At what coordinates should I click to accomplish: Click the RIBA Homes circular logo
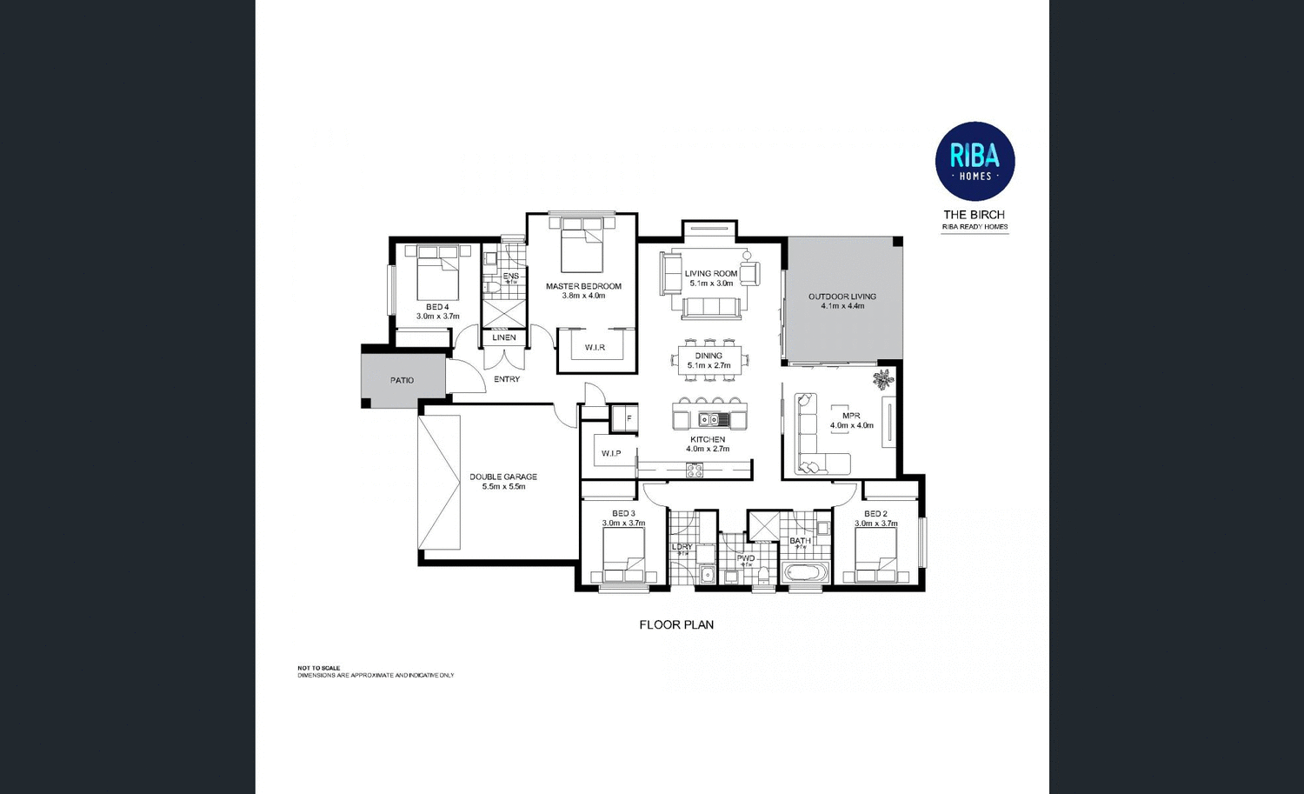(x=975, y=161)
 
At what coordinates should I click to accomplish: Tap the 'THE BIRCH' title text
(x=974, y=215)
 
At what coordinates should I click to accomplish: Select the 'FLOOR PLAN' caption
(x=676, y=624)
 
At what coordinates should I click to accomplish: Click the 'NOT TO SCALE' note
(x=319, y=668)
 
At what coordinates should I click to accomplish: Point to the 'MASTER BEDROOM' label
(x=583, y=286)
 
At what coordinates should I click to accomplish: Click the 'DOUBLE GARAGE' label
(x=503, y=477)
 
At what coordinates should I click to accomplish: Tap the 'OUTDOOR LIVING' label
(x=842, y=297)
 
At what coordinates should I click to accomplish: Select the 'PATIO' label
(x=402, y=380)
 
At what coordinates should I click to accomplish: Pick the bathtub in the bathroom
(x=807, y=573)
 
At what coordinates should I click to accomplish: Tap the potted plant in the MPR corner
(x=883, y=379)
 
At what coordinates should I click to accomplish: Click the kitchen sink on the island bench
(x=709, y=419)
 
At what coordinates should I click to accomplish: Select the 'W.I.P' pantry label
(x=610, y=453)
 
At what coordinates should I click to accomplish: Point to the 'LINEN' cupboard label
(x=504, y=337)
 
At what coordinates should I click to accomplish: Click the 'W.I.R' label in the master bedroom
(x=595, y=347)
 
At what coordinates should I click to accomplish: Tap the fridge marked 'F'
(x=628, y=418)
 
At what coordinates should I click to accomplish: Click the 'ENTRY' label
(x=507, y=379)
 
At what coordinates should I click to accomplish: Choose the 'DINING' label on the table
(x=709, y=356)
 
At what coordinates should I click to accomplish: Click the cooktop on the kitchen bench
(x=695, y=470)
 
